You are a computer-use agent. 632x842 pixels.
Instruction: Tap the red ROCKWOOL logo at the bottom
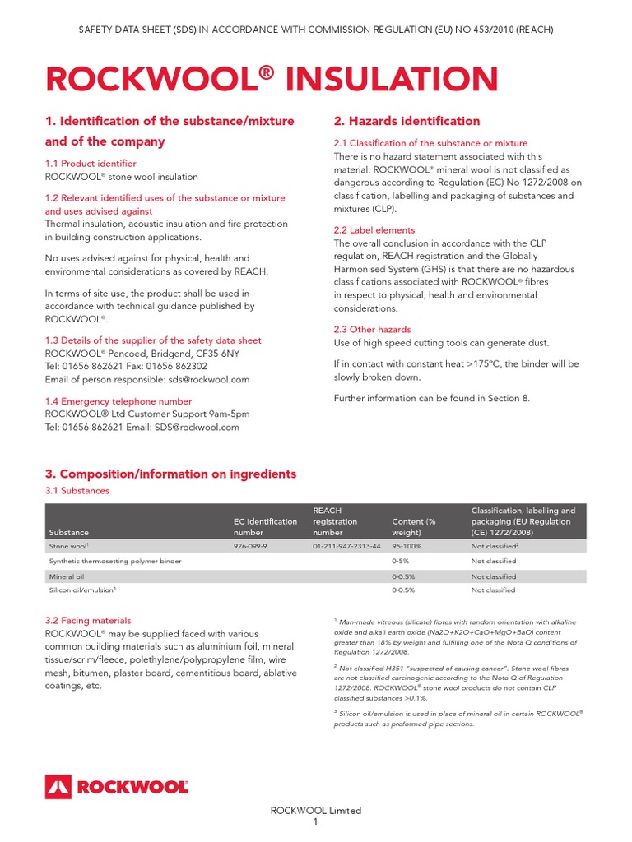[117, 786]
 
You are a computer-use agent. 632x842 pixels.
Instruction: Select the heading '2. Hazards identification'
[407, 121]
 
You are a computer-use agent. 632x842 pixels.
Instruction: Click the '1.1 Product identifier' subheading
[91, 164]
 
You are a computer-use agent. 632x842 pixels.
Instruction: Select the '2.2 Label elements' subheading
[374, 230]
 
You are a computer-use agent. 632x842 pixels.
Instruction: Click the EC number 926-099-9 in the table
[251, 546]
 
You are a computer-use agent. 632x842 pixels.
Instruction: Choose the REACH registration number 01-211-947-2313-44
[346, 546]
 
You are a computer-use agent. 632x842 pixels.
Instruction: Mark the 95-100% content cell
[407, 546]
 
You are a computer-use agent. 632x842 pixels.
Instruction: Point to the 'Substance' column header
[68, 533]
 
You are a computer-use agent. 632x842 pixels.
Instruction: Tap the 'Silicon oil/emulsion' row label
[81, 590]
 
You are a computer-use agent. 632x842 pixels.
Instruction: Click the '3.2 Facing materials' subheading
[88, 621]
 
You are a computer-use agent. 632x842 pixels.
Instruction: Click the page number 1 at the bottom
[316, 822]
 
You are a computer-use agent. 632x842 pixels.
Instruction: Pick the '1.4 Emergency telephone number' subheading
[118, 400]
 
